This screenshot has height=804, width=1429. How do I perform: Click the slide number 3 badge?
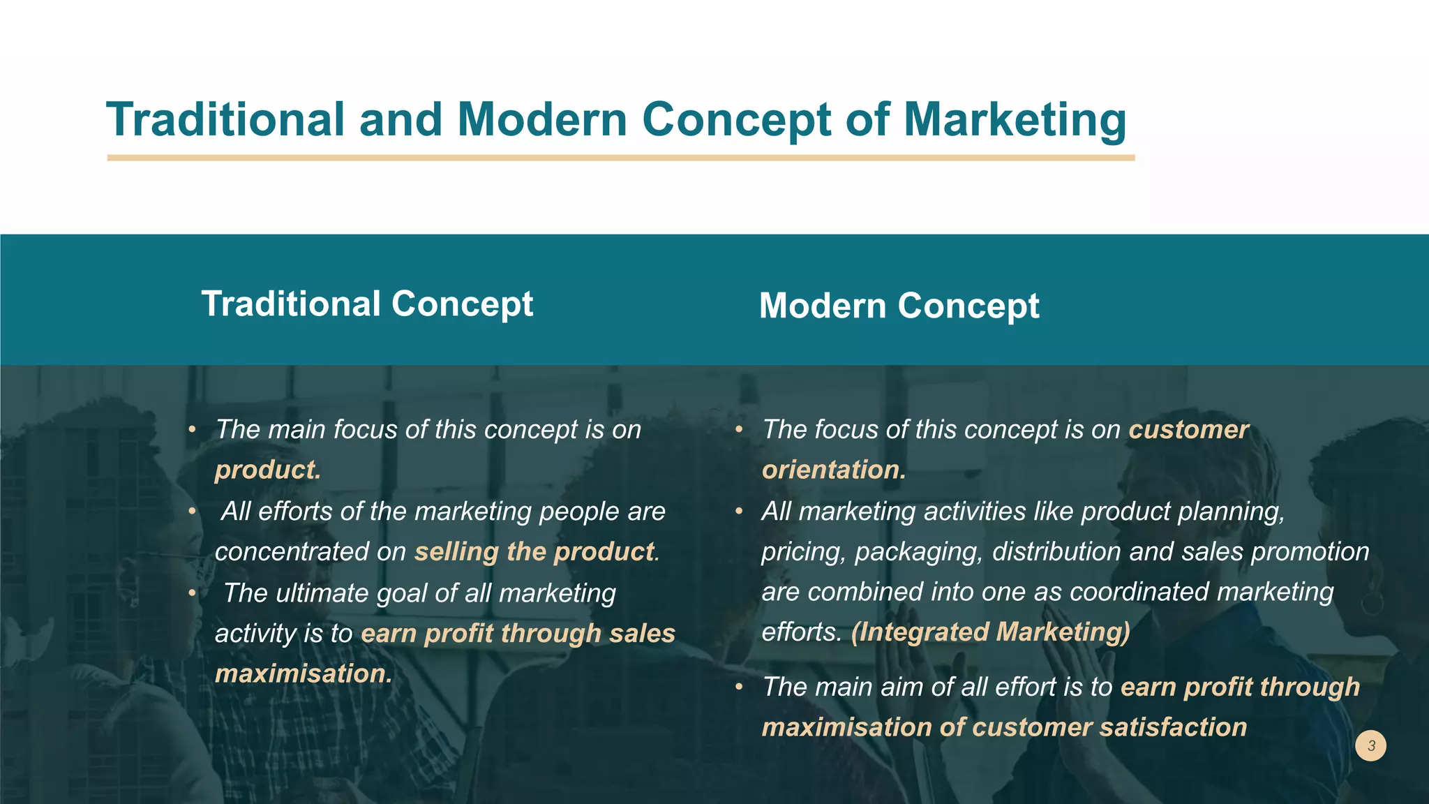tap(1371, 745)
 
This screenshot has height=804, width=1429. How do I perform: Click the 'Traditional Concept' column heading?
tap(367, 304)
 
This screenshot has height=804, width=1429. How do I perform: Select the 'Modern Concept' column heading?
tap(899, 306)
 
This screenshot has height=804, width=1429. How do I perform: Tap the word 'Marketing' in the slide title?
tap(1015, 119)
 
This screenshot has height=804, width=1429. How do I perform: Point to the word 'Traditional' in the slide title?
tap(225, 119)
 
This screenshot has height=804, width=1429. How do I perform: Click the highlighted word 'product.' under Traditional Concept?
tap(268, 470)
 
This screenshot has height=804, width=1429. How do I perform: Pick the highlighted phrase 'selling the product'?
tap(535, 551)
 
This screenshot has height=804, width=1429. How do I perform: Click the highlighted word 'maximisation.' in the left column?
tap(304, 673)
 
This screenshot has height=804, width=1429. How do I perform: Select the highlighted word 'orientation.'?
tap(834, 470)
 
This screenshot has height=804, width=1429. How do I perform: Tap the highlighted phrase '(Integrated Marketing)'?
tap(990, 632)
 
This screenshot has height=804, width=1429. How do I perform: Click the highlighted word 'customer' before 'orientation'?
tap(1189, 429)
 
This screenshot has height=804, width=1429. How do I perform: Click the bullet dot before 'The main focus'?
tap(192, 429)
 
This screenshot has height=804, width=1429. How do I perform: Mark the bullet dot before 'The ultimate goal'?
tap(192, 593)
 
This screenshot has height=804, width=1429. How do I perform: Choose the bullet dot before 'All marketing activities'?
tap(739, 511)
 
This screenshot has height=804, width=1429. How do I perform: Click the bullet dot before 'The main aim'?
tap(739, 687)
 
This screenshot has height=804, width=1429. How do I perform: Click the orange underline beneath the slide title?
tap(621, 158)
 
